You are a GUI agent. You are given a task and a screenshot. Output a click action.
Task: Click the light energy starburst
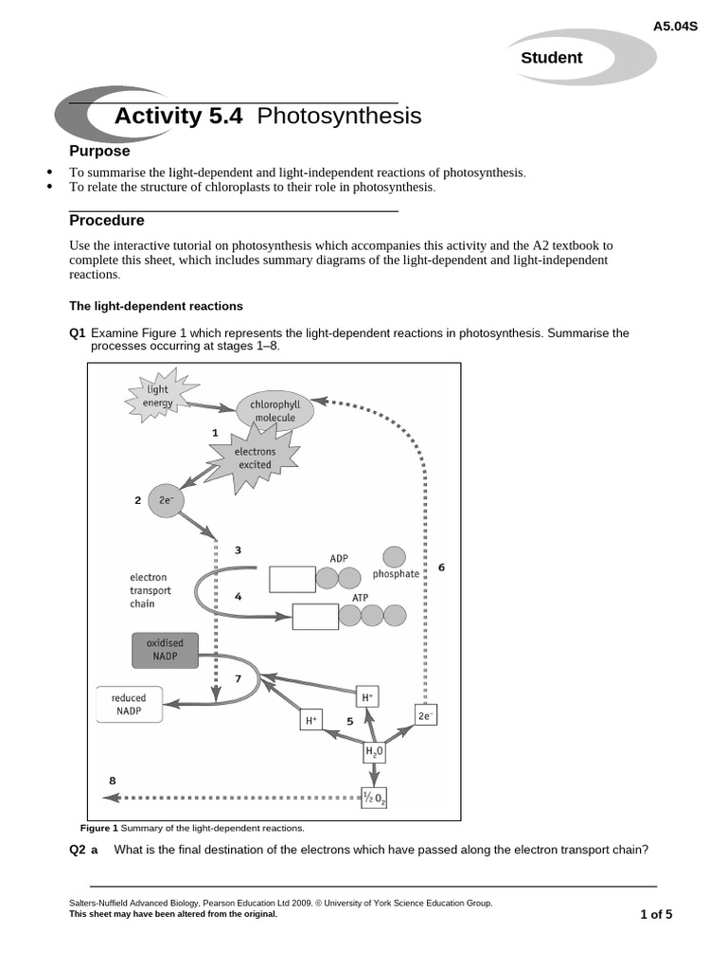[157, 397]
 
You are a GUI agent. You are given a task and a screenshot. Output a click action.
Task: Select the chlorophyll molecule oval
[274, 411]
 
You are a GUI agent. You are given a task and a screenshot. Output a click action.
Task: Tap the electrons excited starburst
[254, 458]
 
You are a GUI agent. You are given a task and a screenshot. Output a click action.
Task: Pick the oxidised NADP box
[164, 650]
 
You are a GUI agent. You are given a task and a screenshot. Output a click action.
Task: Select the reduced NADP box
[129, 704]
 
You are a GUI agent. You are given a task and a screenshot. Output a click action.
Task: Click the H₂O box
[375, 752]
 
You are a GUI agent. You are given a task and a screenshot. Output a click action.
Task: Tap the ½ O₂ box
[374, 798]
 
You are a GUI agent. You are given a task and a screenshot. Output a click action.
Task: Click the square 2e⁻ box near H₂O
[425, 716]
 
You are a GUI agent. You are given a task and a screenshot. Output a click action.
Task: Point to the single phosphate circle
[394, 557]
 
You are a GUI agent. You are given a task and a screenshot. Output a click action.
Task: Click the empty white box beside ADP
[292, 579]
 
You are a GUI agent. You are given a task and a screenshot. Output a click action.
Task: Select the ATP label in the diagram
[361, 598]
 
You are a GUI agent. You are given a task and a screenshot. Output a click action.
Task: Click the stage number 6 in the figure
[441, 567]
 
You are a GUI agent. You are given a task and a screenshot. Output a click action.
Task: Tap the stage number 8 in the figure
[113, 781]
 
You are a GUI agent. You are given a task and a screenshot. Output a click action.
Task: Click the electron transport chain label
[151, 590]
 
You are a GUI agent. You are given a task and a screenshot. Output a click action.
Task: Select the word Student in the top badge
[551, 58]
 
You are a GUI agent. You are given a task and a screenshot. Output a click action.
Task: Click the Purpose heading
[99, 152]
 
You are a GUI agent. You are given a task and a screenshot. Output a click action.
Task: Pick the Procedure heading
[107, 221]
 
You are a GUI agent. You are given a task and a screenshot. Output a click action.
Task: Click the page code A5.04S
[675, 26]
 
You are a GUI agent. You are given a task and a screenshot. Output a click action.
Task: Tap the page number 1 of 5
[656, 914]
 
